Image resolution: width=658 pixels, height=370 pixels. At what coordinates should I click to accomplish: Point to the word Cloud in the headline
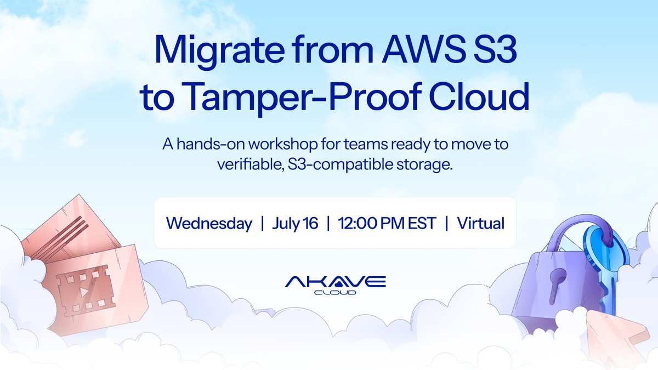pos(479,95)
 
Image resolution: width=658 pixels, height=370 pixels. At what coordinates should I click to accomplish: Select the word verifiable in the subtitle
pos(251,164)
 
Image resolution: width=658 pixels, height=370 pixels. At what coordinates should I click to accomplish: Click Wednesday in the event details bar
pos(209,223)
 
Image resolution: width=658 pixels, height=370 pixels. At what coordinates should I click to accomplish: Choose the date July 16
pos(295,224)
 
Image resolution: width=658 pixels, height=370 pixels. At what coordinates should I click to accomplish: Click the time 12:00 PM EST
pos(387,223)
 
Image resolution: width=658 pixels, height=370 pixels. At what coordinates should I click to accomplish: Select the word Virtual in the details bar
pos(481,223)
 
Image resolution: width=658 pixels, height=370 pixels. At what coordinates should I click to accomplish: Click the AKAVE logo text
pos(335,282)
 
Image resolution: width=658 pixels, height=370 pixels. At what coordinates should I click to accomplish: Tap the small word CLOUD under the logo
pos(335,293)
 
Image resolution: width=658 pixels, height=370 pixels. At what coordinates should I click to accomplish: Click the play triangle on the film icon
pos(84,292)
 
